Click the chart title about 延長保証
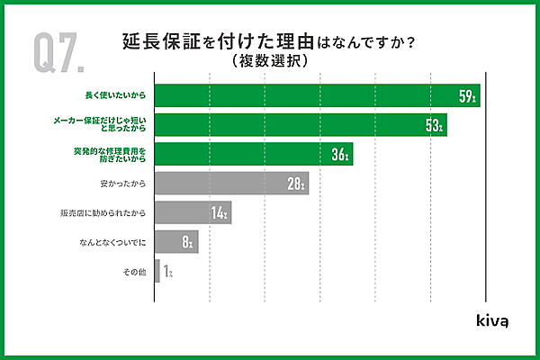(269, 42)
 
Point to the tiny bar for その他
(157, 271)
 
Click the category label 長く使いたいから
(116, 95)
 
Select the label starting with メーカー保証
(110, 125)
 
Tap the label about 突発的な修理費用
(110, 154)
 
